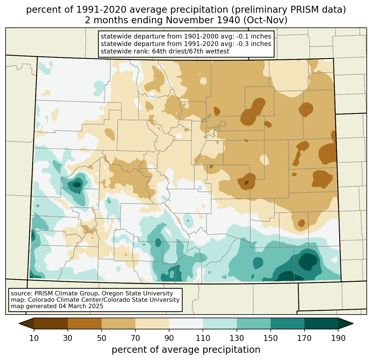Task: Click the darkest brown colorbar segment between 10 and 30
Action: tap(51, 324)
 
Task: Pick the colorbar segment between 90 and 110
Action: tap(186, 324)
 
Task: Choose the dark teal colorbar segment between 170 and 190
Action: tap(321, 324)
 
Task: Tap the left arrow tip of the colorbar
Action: tap(19, 324)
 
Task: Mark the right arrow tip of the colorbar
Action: tap(353, 324)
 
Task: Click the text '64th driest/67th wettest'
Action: tap(191, 51)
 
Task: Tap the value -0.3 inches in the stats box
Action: tap(254, 44)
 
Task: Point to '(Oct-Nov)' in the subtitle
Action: tap(265, 20)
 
